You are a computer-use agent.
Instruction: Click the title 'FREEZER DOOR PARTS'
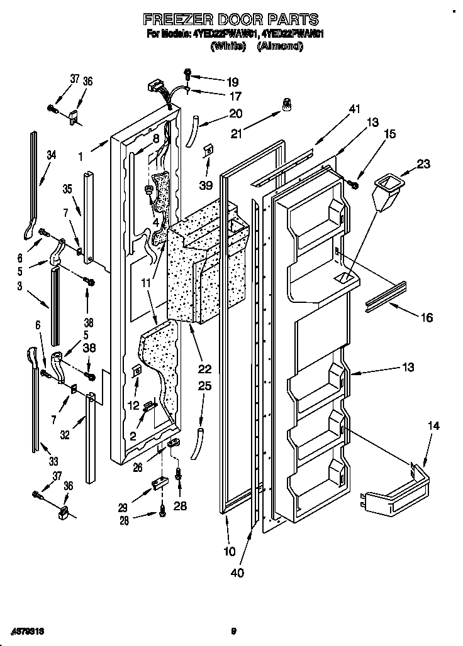click(231, 19)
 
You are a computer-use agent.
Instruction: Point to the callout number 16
click(426, 318)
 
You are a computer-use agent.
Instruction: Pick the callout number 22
click(204, 369)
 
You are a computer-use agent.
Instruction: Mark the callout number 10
click(229, 552)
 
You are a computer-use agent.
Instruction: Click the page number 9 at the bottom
click(233, 630)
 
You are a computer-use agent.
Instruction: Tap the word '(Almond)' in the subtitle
click(281, 46)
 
